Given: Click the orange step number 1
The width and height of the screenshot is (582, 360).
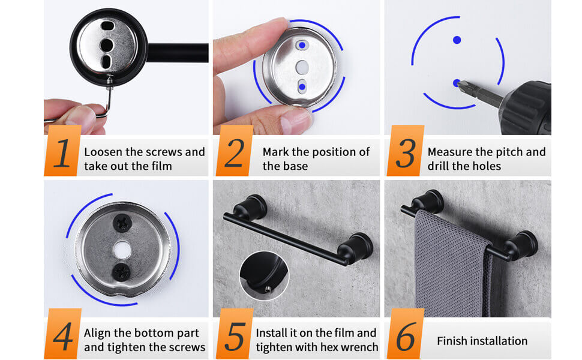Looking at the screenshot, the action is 63,153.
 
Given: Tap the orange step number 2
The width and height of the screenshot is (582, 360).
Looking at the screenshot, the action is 235,153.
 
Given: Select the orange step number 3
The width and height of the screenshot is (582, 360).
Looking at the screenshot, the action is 405,153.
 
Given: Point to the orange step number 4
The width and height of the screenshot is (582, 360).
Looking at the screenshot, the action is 63,336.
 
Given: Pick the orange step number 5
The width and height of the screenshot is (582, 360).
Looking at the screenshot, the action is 235,336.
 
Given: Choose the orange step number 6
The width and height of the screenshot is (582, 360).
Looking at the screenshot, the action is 405,336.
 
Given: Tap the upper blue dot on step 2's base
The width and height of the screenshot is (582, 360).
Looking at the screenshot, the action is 302,45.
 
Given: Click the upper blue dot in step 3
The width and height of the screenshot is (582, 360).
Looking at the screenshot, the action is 457,40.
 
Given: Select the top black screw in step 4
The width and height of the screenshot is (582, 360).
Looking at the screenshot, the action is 122,223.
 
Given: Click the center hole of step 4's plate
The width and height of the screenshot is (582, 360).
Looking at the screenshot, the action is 122,250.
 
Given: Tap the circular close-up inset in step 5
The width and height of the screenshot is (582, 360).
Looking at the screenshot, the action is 264,276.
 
